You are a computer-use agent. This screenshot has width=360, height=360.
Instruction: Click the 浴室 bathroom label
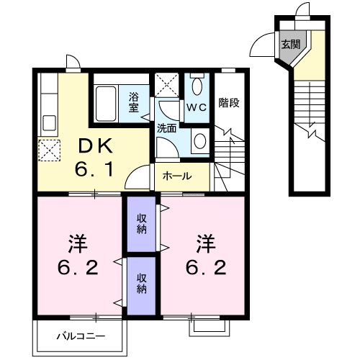pos(134,102)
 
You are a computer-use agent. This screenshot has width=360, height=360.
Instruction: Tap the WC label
pos(196,107)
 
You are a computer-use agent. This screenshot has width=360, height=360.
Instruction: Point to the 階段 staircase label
pos(229,102)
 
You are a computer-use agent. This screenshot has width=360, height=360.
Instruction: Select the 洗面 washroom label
pos(167,128)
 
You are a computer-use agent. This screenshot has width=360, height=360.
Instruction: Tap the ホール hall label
pos(177,176)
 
